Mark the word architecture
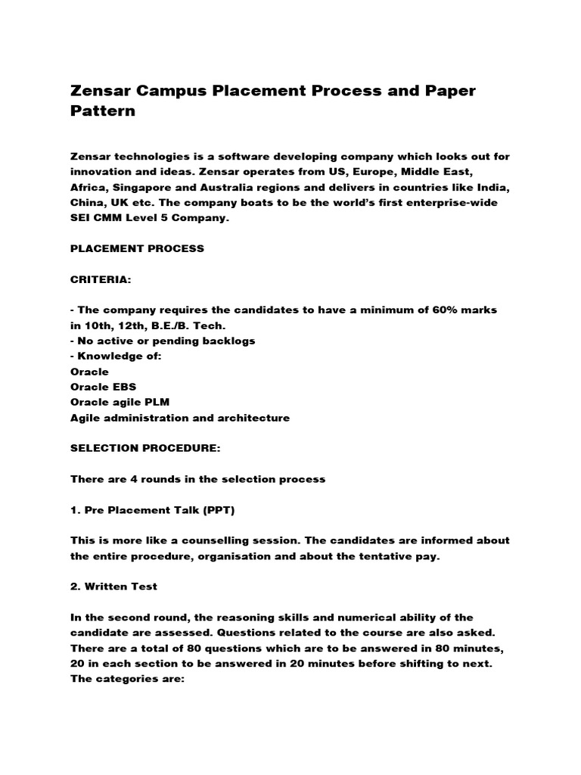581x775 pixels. click(x=250, y=418)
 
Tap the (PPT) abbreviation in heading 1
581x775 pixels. click(x=218, y=510)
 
